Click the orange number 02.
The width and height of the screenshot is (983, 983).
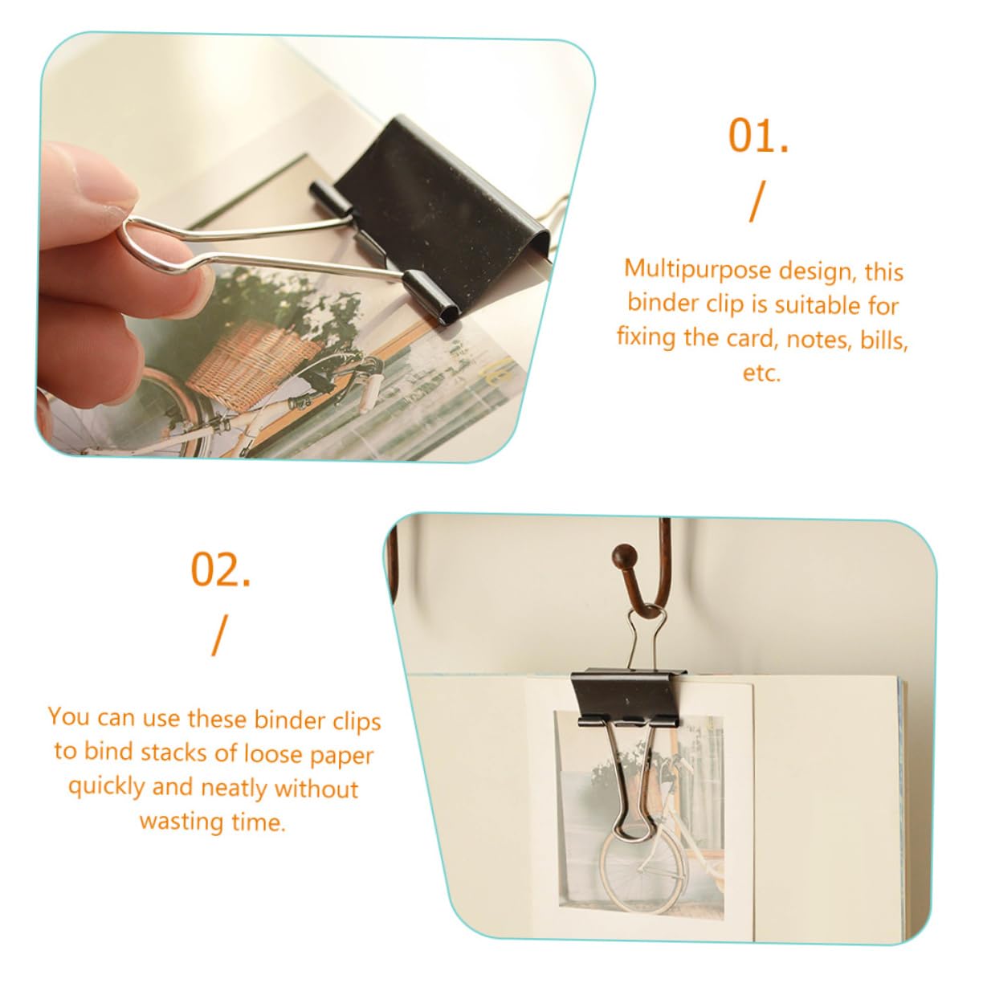click(220, 569)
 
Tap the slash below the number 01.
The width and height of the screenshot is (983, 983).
click(757, 202)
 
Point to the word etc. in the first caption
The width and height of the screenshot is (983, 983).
click(761, 373)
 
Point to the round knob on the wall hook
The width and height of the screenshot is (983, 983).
click(626, 553)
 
